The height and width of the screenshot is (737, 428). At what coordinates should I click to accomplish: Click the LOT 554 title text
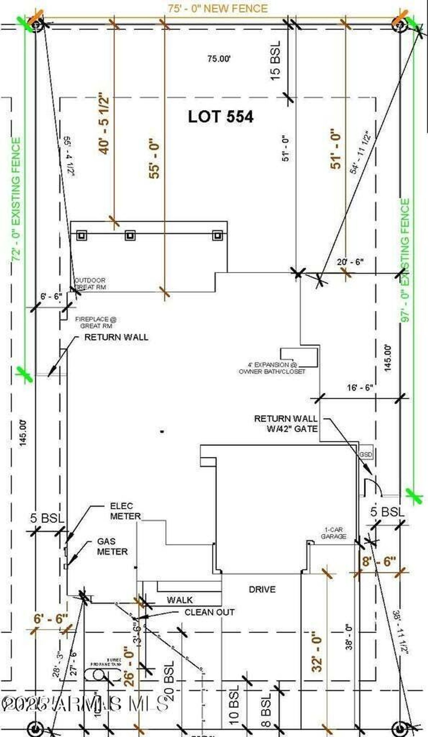pos(221,117)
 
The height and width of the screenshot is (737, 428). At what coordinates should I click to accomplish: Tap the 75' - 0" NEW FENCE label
pos(218,8)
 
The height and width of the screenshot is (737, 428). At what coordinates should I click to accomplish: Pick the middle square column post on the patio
pos(130,236)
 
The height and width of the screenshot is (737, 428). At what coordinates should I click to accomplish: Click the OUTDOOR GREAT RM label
pos(90,284)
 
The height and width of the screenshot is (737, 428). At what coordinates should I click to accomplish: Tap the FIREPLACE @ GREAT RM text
pos(96,323)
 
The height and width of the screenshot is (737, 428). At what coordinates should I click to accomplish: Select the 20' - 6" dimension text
pos(350,262)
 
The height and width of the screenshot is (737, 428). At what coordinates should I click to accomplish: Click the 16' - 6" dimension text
pos(360,388)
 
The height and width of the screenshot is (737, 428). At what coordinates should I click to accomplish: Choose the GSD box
pos(365,455)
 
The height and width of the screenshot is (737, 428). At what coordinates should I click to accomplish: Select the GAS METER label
pos(112,546)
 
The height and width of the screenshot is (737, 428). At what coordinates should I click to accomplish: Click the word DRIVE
pos(262,589)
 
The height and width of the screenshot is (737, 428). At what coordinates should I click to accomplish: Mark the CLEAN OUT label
pos(210,612)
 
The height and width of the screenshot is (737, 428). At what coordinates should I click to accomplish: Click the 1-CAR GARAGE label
pos(333,533)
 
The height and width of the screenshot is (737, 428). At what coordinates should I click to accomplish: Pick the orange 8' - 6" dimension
pos(379,561)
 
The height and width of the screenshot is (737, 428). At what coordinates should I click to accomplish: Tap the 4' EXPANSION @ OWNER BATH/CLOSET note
pos(272,368)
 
